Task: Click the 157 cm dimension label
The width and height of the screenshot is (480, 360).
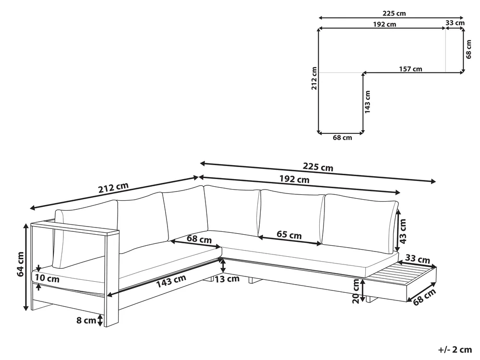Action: click(410, 69)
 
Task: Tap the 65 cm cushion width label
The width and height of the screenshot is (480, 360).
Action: click(289, 235)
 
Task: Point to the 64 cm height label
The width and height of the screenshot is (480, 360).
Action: click(21, 264)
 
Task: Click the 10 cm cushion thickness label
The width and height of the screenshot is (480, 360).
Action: click(47, 278)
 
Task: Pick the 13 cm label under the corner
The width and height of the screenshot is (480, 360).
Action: click(227, 279)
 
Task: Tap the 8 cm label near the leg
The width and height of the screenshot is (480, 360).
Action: click(86, 320)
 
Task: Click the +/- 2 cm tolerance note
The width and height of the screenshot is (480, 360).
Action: click(455, 349)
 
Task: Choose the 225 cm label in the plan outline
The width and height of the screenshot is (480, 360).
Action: click(394, 13)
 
